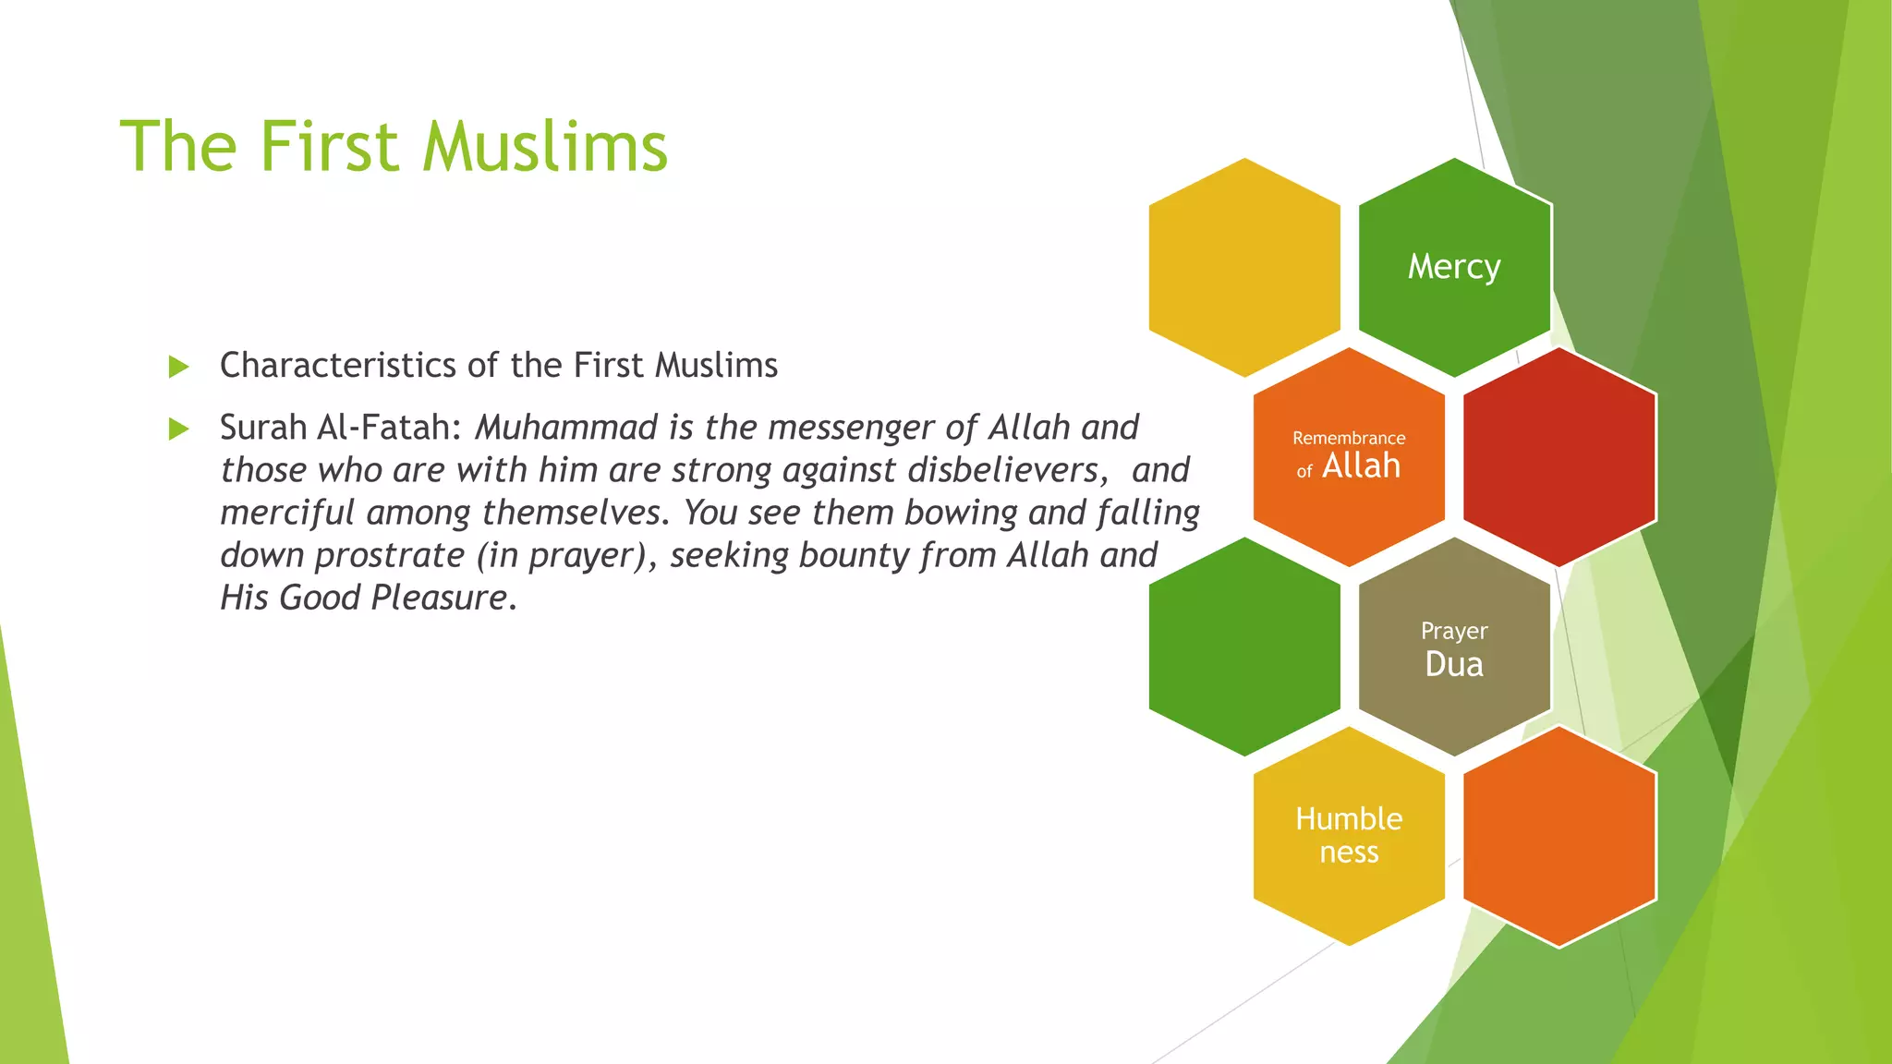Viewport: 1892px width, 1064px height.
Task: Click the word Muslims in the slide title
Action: pyautogui.click(x=545, y=147)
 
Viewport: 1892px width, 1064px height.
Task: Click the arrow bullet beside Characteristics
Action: pyautogui.click(x=179, y=367)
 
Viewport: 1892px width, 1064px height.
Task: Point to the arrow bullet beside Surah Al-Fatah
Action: pyautogui.click(x=179, y=429)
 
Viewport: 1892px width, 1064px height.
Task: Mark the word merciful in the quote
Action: pyautogui.click(x=286, y=513)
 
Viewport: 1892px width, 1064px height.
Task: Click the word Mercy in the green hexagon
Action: pyautogui.click(x=1454, y=267)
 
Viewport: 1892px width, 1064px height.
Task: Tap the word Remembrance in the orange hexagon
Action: pyautogui.click(x=1349, y=438)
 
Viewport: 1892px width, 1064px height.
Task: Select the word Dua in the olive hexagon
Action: pyautogui.click(x=1454, y=664)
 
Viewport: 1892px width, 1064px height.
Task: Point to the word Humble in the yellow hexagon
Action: pyautogui.click(x=1349, y=819)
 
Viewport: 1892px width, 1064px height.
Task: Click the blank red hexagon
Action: pyautogui.click(x=1559, y=457)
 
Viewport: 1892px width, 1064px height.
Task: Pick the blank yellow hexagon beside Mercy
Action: pyautogui.click(x=1244, y=267)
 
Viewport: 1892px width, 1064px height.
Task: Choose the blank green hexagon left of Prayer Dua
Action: pyautogui.click(x=1244, y=647)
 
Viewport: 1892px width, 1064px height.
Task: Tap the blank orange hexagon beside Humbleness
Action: pyautogui.click(x=1559, y=836)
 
